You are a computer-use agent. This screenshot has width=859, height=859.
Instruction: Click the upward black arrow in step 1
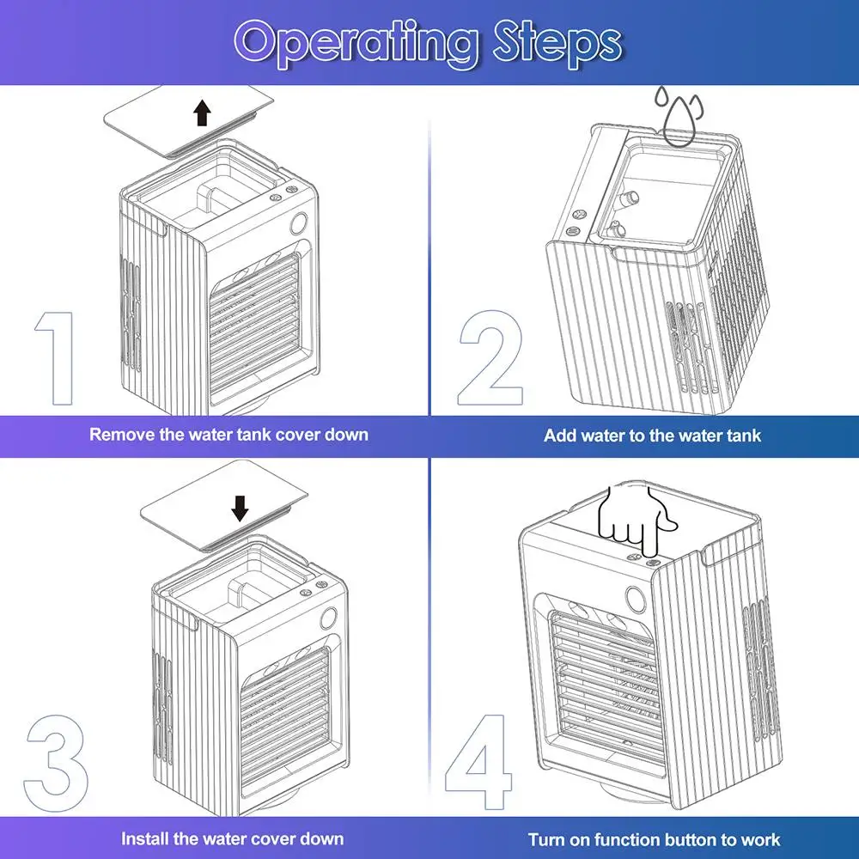[202, 113]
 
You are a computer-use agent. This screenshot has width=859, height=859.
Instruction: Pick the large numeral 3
[57, 761]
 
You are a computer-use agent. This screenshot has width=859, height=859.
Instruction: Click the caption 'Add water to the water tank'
[652, 436]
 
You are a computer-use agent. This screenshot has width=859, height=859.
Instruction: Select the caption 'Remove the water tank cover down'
[228, 434]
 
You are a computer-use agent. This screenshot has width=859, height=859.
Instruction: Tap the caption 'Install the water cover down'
[232, 838]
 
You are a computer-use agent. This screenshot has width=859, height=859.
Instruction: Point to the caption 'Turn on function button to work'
[655, 839]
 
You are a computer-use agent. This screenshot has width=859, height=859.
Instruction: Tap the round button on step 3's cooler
[328, 619]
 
